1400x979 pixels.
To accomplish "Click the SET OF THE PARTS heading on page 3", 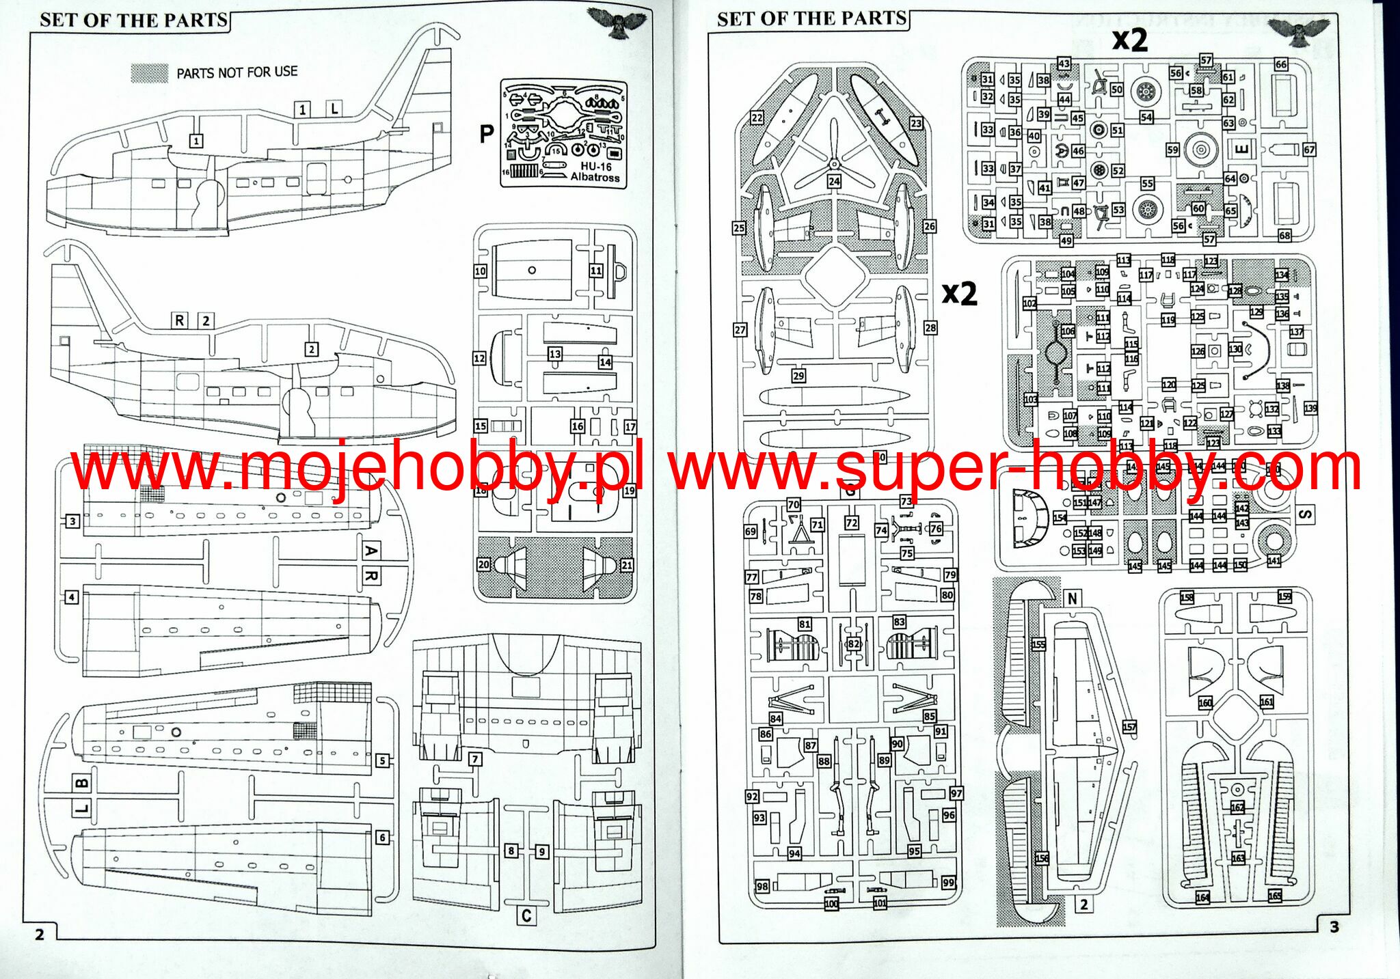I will (x=811, y=18).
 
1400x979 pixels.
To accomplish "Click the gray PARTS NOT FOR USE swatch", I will (x=149, y=73).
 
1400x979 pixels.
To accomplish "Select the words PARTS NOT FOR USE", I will (x=237, y=72).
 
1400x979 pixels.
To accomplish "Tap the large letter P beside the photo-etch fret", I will (x=486, y=134).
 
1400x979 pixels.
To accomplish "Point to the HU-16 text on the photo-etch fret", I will (x=596, y=166).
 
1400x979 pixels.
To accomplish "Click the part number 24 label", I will (x=834, y=182).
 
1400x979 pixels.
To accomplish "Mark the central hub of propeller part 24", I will (x=834, y=163).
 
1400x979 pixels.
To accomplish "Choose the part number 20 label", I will (x=484, y=564).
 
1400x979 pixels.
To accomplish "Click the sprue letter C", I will (x=526, y=916).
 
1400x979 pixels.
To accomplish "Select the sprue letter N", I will (x=1072, y=599).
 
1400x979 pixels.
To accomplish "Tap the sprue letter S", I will (x=1304, y=514).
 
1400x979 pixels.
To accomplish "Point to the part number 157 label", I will (x=1129, y=727).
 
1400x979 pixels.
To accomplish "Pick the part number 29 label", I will (x=798, y=376).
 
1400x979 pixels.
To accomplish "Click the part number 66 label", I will (x=1281, y=64).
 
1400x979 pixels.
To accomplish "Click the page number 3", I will (x=1334, y=927).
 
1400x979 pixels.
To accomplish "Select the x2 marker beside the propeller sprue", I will (x=959, y=293).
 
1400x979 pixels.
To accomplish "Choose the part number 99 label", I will (x=948, y=883).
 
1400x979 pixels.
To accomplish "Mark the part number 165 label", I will (x=1274, y=896).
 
